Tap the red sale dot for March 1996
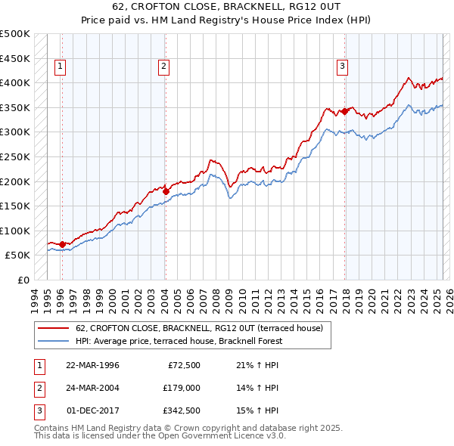pos(62,244)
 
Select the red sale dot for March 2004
pos(166,191)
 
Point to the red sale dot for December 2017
pos(344,111)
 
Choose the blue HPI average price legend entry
pos(179,341)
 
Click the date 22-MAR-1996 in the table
pos(93,365)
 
